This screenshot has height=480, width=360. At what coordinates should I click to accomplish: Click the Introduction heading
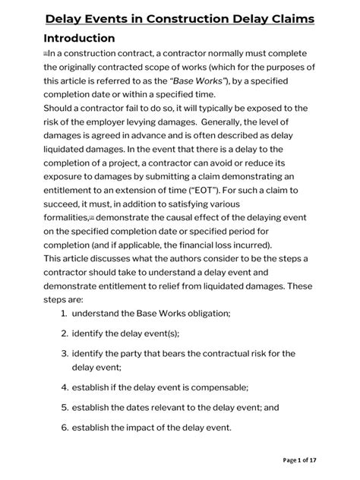pyautogui.click(x=79, y=38)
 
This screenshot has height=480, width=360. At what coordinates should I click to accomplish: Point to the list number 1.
pyautogui.click(x=63, y=292)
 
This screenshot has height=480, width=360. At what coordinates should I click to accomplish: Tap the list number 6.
pyautogui.click(x=63, y=426)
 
